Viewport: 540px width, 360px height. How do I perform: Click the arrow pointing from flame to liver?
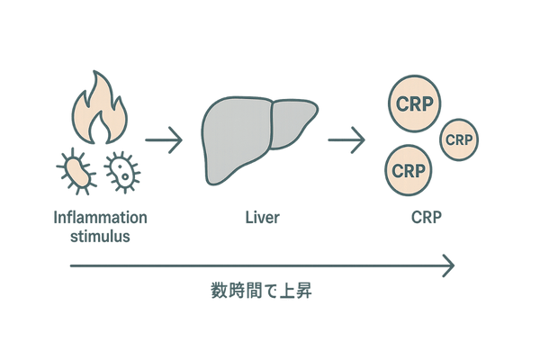164,140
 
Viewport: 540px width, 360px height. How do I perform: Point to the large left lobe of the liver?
234,135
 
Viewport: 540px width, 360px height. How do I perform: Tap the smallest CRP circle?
459,139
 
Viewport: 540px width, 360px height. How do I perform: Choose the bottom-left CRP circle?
409,168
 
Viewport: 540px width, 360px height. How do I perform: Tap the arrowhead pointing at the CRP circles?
363,140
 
